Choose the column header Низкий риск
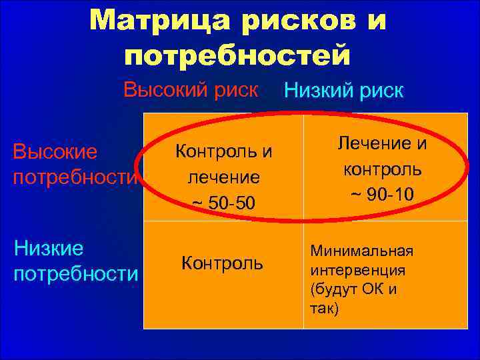[344, 91]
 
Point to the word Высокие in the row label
[55, 152]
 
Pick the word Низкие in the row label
[49, 249]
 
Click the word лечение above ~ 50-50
[223, 177]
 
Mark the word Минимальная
[361, 251]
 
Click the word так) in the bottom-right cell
[324, 309]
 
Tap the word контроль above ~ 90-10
[382, 169]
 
